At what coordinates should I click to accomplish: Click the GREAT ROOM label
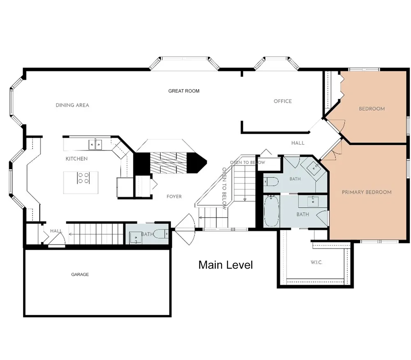tap(184, 91)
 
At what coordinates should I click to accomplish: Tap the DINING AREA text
tap(72, 105)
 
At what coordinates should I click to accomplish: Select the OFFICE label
tap(283, 101)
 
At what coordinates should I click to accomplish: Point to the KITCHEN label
tap(76, 159)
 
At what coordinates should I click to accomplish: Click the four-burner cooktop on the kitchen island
tap(83, 178)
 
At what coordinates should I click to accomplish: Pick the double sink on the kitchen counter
tap(95, 144)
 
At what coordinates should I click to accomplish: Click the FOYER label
tap(174, 197)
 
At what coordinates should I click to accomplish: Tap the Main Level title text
tap(226, 265)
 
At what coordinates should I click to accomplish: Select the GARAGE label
tap(80, 274)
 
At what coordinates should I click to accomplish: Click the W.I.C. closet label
tap(316, 262)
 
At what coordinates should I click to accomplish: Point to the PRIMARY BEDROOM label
tap(367, 192)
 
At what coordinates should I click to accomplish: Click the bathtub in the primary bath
tap(272, 211)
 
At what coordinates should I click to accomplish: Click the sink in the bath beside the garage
tap(136, 238)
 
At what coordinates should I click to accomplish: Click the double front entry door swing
tap(185, 229)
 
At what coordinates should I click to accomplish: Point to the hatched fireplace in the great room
tap(168, 163)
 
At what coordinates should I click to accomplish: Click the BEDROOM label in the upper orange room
tap(372, 109)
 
